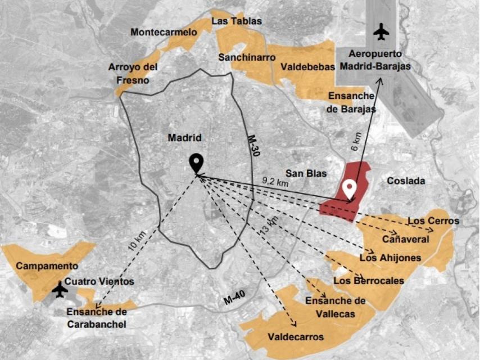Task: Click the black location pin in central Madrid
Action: [196, 163]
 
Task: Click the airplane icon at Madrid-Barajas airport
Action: [381, 31]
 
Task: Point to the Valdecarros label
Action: [296, 337]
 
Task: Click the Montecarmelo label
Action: [164, 32]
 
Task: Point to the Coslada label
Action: [406, 181]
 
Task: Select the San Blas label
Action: [306, 173]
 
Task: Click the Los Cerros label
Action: [433, 220]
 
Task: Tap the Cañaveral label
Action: [406, 239]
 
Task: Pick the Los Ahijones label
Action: [390, 258]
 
